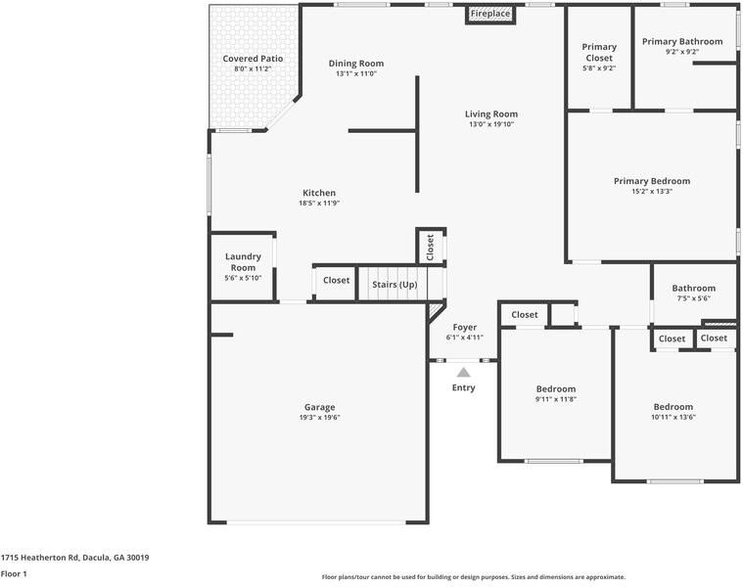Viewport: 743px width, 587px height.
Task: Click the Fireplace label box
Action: coord(490,14)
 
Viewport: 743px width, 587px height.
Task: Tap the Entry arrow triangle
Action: coord(463,372)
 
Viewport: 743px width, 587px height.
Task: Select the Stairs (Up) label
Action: coord(395,285)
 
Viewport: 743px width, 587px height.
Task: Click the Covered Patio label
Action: coord(253,59)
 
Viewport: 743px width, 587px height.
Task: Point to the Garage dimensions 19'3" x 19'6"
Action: coord(319,418)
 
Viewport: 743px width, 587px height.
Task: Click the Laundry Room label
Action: coord(243,262)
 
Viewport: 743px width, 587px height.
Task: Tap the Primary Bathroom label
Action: coord(682,41)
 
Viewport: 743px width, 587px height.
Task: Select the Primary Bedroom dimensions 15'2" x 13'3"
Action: coord(652,192)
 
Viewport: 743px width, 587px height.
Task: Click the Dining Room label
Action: coord(356,64)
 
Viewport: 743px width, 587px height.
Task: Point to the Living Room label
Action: coord(491,113)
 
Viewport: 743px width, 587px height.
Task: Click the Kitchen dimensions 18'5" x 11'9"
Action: coord(319,203)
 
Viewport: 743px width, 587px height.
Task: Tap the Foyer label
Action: coord(465,327)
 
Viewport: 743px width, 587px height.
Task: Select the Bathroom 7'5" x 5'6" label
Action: coord(693,288)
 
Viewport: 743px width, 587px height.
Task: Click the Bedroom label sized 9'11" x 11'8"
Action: coord(555,388)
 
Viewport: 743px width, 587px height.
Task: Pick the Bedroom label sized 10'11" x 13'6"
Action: coord(673,407)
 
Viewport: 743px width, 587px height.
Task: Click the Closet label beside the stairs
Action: coord(337,281)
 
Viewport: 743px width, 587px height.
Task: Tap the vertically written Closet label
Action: coord(430,248)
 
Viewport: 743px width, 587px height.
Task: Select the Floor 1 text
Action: coord(14,573)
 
